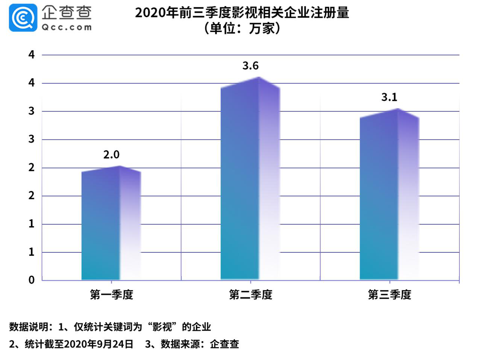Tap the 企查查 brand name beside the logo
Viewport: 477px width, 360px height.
67,12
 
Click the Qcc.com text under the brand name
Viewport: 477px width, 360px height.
67,27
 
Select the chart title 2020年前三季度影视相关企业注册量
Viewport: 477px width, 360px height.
242,13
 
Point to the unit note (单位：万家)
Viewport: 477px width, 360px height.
242,28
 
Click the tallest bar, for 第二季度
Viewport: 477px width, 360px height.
250,181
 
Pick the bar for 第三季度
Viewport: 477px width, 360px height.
389,196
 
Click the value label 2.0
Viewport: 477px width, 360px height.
111,155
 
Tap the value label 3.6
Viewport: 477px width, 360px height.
250,66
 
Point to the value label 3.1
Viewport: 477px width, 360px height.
389,97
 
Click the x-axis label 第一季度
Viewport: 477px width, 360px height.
111,295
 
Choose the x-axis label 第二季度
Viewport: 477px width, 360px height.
250,295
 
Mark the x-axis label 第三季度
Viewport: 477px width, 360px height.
389,295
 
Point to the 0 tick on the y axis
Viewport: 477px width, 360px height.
32,280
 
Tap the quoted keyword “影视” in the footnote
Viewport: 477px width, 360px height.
162,327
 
